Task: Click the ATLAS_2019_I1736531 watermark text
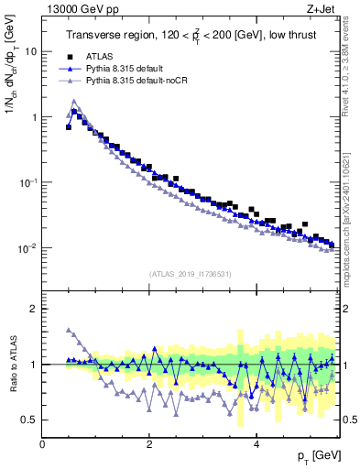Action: point(190,274)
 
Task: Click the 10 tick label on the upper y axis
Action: point(29,51)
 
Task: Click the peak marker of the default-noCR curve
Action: point(74,102)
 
